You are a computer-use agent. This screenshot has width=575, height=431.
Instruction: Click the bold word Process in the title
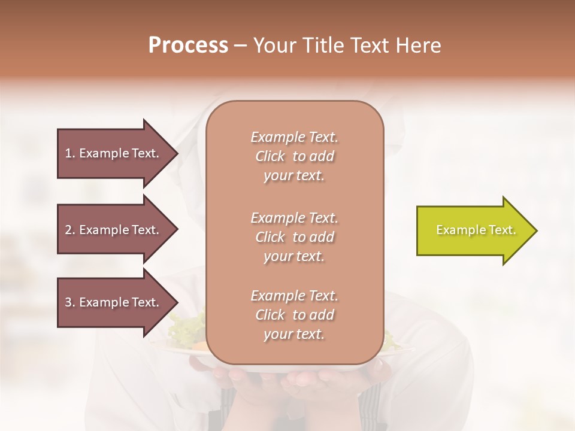tap(188, 45)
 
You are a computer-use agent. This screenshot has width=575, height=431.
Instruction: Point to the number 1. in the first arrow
tap(70, 153)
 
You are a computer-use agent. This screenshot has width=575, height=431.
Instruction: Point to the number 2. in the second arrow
tap(70, 230)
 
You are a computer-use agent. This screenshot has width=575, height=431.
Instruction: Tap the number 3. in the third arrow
tap(70, 302)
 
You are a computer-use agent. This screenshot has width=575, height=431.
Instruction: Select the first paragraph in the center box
tap(294, 156)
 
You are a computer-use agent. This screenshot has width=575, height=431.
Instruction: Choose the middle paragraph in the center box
tap(294, 237)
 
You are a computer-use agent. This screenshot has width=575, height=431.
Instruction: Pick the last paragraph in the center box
tap(294, 315)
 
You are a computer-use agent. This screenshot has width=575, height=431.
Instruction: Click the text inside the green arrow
tap(476, 230)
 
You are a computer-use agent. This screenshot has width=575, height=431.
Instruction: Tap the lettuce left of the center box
tap(187, 327)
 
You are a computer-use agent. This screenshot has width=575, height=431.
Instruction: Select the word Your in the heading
tap(272, 45)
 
